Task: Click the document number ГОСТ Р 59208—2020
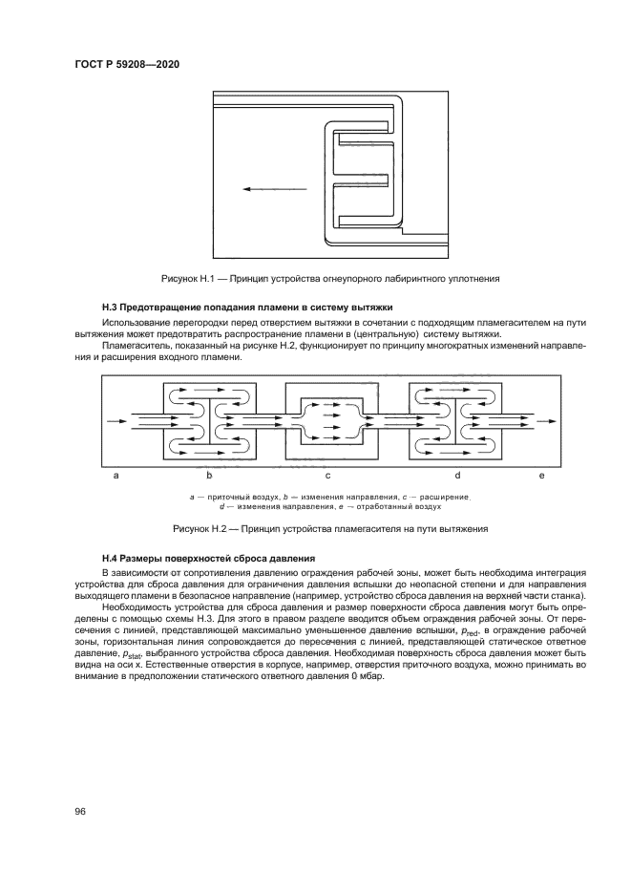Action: (x=128, y=63)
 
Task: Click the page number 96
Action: (x=80, y=810)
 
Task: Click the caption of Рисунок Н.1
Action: (x=329, y=278)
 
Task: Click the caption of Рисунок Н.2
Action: (x=329, y=528)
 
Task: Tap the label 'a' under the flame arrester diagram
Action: (x=116, y=475)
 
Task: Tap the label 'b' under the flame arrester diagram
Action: (x=208, y=475)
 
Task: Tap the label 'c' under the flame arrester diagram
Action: (x=327, y=475)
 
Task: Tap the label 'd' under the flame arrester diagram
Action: (x=457, y=475)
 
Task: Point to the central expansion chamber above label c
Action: (x=327, y=418)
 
